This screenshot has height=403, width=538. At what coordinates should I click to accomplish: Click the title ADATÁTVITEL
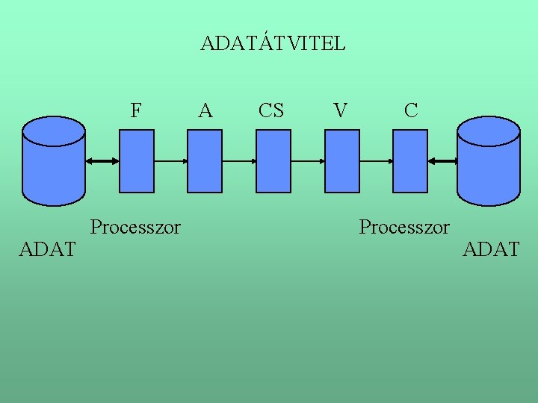pos(273,43)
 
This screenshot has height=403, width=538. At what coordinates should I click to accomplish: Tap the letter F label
pos(136,111)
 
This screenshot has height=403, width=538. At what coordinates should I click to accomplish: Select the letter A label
pos(205,111)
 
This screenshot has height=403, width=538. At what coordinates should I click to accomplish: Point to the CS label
pos(270,111)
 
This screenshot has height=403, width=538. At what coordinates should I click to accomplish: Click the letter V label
pos(341,111)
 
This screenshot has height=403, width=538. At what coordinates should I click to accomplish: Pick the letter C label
pos(410,111)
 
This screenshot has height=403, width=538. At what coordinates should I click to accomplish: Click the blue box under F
pos(137,160)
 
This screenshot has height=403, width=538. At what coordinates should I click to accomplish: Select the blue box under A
pos(204,160)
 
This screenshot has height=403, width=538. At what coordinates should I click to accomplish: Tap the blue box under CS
pos(273,160)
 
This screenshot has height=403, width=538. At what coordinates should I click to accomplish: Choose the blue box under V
pos(342,160)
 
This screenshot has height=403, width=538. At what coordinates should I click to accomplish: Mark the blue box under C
pos(411,160)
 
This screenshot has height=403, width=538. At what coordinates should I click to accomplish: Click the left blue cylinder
pos(54,160)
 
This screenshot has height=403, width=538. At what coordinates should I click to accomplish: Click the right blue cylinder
pos(488,160)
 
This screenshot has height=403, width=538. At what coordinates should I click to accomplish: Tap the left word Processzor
pos(135,226)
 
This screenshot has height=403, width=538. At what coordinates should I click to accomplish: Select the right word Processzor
pos(404,226)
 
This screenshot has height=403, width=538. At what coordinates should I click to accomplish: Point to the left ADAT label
pos(47,249)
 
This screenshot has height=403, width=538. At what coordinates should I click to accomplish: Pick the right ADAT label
pos(491,249)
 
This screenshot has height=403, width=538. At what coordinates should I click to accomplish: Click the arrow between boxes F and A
pos(170,161)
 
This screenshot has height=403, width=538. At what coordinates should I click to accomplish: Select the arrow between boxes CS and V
pos(308,161)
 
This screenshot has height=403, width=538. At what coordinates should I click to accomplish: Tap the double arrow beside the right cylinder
pos(442,161)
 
